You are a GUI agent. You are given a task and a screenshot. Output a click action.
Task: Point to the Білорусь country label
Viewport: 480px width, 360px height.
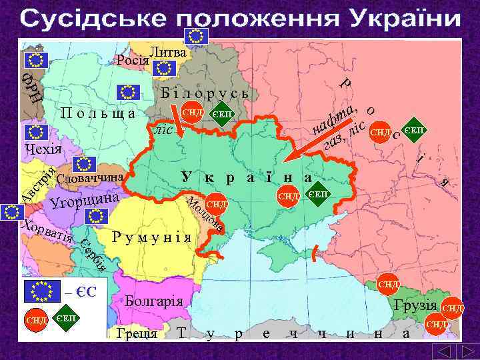205,93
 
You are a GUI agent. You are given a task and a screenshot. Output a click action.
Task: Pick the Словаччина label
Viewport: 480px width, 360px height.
91,179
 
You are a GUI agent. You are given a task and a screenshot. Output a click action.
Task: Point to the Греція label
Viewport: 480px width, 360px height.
136,333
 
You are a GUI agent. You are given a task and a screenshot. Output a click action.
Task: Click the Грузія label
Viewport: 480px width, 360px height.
415,307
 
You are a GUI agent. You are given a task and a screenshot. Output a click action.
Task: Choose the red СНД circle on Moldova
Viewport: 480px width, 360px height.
217,203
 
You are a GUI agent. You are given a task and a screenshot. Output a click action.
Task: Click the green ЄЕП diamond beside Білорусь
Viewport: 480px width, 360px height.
222,113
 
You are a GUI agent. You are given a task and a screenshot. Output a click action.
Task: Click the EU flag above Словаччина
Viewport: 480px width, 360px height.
83,164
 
